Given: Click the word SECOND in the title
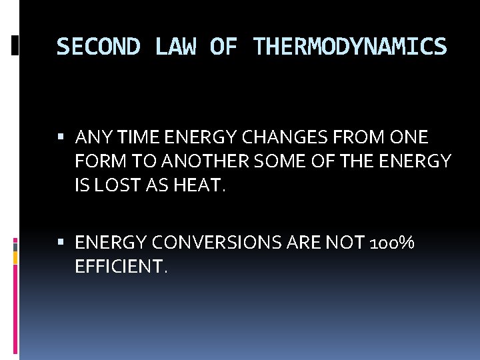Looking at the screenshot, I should click(x=98, y=47).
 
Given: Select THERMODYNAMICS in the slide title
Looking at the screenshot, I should click(x=350, y=47).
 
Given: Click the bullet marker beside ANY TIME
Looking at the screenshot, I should click(x=62, y=138).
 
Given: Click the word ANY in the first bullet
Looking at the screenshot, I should click(x=91, y=138).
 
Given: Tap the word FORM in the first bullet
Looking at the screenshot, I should click(x=96, y=162).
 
